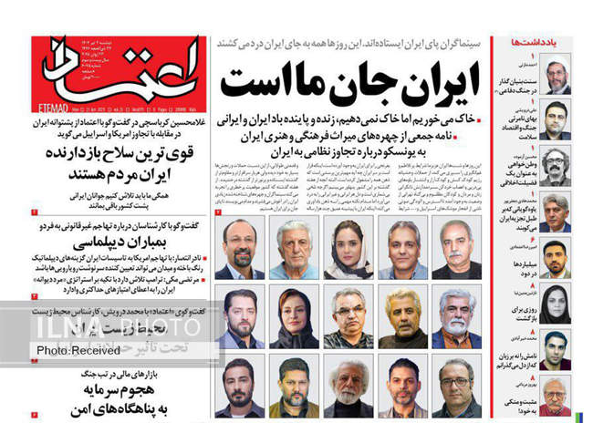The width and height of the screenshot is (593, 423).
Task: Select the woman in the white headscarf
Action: tap(352, 246)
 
